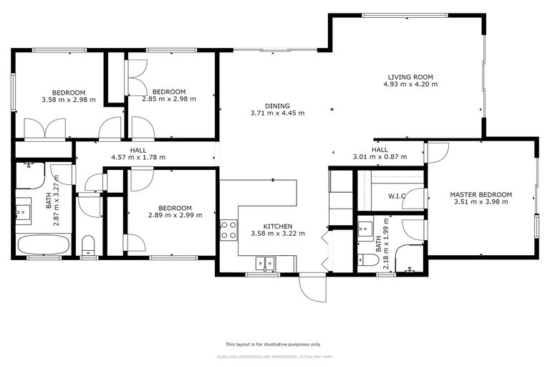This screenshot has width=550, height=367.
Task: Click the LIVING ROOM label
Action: [410, 77]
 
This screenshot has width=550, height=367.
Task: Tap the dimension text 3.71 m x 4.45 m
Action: [277, 113]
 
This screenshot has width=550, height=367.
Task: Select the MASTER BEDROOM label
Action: [481, 194]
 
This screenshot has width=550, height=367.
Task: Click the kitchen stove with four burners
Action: [228, 229]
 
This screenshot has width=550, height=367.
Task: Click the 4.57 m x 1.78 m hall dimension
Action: [138, 157]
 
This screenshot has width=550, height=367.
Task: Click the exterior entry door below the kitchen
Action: [312, 288]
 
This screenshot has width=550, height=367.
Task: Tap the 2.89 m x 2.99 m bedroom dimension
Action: [175, 214]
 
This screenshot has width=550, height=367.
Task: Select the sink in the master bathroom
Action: [365, 230]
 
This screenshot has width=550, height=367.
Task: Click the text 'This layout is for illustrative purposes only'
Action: [273, 344]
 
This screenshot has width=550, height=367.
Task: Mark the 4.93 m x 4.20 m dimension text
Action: [410, 84]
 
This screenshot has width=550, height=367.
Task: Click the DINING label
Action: [277, 105]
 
